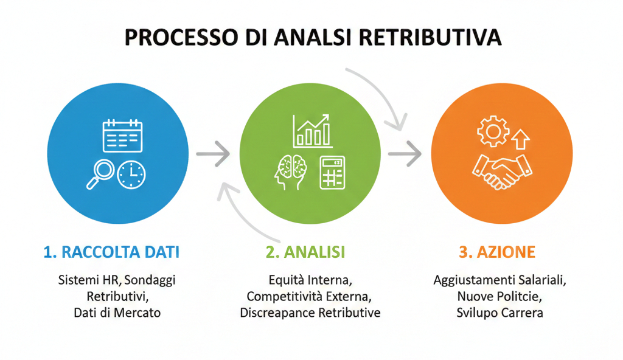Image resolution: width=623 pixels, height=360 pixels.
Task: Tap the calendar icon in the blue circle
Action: (122, 136)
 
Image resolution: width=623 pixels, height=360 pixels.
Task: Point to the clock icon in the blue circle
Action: (131, 175)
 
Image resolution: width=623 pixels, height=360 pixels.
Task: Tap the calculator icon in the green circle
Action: (332, 172)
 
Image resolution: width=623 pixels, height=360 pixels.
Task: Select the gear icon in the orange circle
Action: (490, 131)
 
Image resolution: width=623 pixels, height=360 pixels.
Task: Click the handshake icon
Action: (501, 171)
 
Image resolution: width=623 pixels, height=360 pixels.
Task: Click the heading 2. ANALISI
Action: (305, 252)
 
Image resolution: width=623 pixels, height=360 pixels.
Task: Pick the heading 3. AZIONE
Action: (497, 252)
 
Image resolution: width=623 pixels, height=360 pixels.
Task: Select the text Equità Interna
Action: (310, 281)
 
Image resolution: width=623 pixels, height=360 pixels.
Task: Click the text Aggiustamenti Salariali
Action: (500, 281)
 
